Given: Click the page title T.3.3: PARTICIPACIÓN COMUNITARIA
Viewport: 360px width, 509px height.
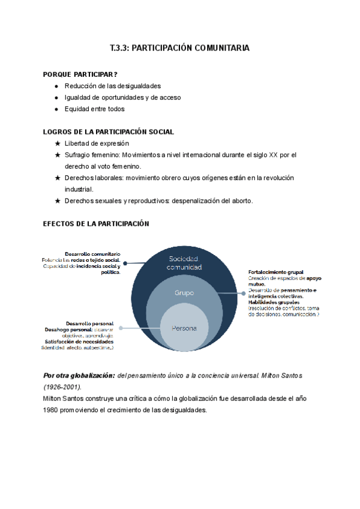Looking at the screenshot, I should [180, 47].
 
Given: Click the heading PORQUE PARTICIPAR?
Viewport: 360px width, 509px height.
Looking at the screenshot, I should [80, 74].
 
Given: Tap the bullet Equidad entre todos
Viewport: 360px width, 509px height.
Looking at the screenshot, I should [95, 109].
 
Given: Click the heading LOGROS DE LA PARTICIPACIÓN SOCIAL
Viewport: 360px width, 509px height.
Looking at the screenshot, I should [109, 132].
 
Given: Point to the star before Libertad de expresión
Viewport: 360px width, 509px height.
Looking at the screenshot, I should [57, 143].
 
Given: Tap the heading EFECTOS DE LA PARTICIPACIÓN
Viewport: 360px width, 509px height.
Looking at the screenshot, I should [95, 224].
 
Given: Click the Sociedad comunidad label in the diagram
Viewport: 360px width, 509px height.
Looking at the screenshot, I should [184, 262].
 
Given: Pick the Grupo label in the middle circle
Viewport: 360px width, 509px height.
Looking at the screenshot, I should [184, 293].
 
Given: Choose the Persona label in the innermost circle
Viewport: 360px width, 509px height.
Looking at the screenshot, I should [184, 328].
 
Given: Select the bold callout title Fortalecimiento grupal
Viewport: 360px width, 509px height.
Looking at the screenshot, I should [275, 272].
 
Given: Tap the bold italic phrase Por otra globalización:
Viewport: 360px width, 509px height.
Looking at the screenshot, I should [79, 375].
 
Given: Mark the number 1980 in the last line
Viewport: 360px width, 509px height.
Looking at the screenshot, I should [53, 410].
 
